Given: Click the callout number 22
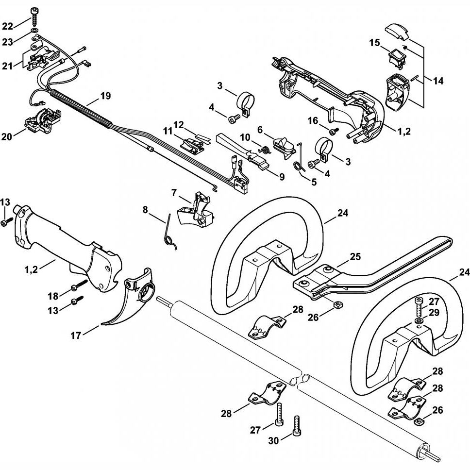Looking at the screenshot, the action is (8, 26).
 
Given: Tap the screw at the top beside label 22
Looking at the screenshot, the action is (34, 17).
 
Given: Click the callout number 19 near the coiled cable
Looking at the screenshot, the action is (105, 96).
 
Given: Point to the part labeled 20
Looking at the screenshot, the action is (42, 120).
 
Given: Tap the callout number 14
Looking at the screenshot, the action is (438, 81).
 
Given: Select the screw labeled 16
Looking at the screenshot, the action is (333, 131).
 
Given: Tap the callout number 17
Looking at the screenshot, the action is (76, 336).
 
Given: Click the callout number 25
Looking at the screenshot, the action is (355, 257).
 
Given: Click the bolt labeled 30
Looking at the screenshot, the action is (297, 426).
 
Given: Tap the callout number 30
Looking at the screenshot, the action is (274, 440).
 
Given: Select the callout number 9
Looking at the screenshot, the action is (282, 177).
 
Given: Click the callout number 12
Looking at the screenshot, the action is (179, 124).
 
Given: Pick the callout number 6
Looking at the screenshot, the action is (260, 130).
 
